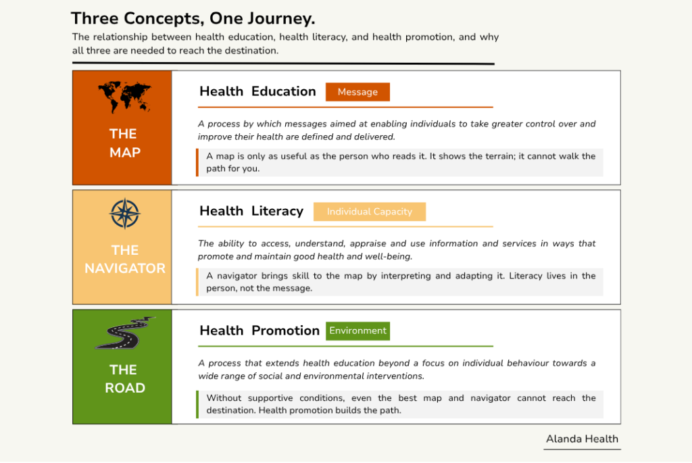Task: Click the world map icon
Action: tap(125, 97)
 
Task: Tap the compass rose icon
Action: tap(125, 214)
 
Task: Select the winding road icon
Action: tap(125, 333)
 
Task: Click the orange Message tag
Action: tap(357, 92)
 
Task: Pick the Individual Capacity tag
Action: tap(370, 212)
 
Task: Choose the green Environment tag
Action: tap(357, 331)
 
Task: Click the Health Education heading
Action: tap(257, 91)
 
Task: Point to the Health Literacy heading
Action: tap(251, 211)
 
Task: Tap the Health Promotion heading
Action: tap(259, 331)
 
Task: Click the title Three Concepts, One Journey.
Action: tap(193, 18)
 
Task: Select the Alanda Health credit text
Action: tap(582, 439)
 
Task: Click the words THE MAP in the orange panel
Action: tap(125, 143)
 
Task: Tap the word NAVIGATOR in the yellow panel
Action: tap(125, 268)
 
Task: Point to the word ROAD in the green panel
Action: tap(125, 388)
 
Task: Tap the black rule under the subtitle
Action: tap(283, 64)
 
